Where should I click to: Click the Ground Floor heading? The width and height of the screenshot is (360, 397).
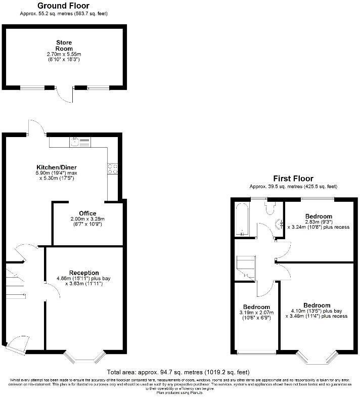63,6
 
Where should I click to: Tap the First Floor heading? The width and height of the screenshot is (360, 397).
293,179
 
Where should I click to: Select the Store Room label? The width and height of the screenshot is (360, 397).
64,45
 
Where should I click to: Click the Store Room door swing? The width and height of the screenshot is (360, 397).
65,94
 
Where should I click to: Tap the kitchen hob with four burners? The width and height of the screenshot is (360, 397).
112,169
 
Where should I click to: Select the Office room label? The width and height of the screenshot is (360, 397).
87,213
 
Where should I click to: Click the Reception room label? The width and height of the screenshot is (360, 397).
84,273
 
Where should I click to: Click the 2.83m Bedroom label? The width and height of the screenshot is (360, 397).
319,216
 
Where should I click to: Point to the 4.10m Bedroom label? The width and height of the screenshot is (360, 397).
317,305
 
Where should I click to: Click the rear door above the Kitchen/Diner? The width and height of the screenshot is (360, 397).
35,128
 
